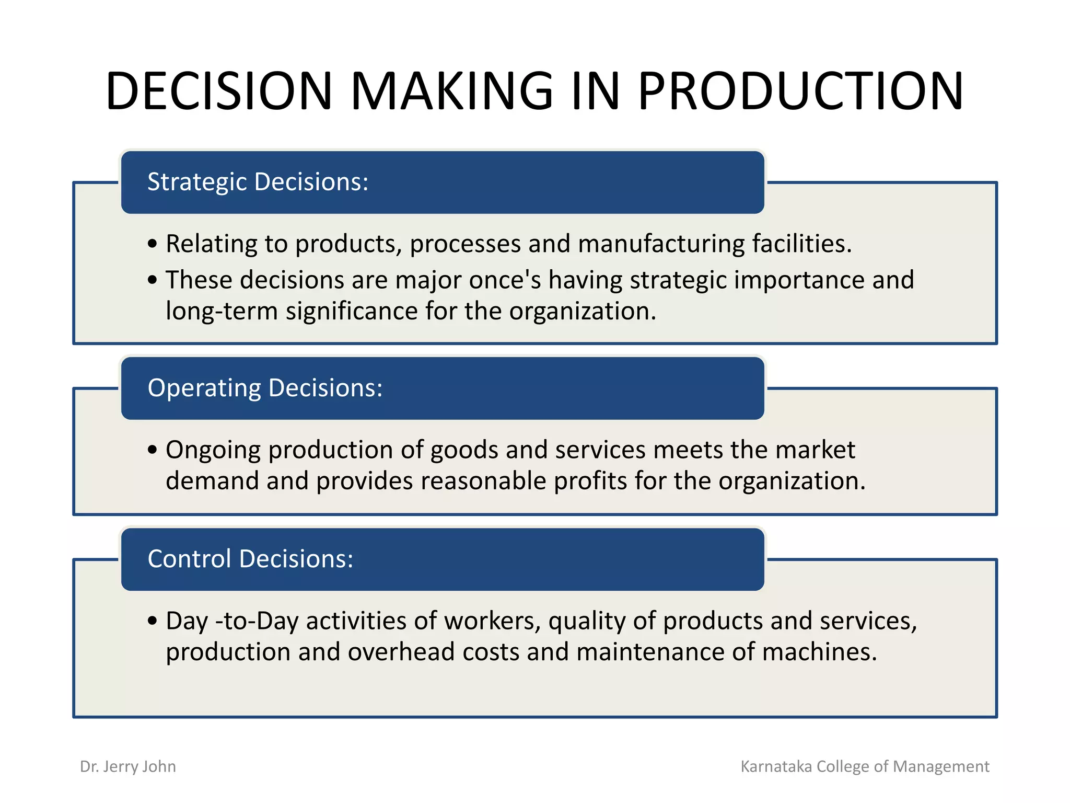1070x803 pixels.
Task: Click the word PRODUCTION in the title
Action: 800,91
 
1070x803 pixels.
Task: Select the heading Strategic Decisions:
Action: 258,182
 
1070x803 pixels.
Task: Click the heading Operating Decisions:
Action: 265,388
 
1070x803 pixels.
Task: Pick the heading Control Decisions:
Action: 250,559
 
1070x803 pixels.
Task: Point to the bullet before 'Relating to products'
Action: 152,244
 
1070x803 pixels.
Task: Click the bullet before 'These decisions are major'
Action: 152,280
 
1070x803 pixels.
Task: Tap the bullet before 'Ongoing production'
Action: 152,450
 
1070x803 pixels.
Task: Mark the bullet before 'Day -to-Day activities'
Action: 152,621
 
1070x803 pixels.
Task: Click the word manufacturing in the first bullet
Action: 661,244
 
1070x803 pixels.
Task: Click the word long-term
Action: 222,311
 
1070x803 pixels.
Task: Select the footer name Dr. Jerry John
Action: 128,766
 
